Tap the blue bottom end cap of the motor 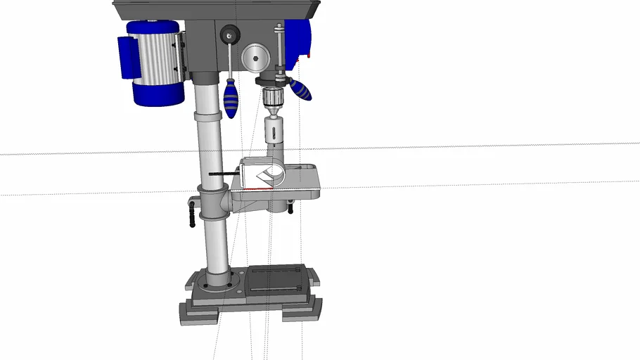(154, 96)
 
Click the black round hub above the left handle (229, 34)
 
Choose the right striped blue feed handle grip (300, 90)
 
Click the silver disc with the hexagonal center (255, 56)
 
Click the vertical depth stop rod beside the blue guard (279, 49)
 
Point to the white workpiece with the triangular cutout (262, 174)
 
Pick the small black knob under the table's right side (290, 207)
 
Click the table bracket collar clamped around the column (212, 203)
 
